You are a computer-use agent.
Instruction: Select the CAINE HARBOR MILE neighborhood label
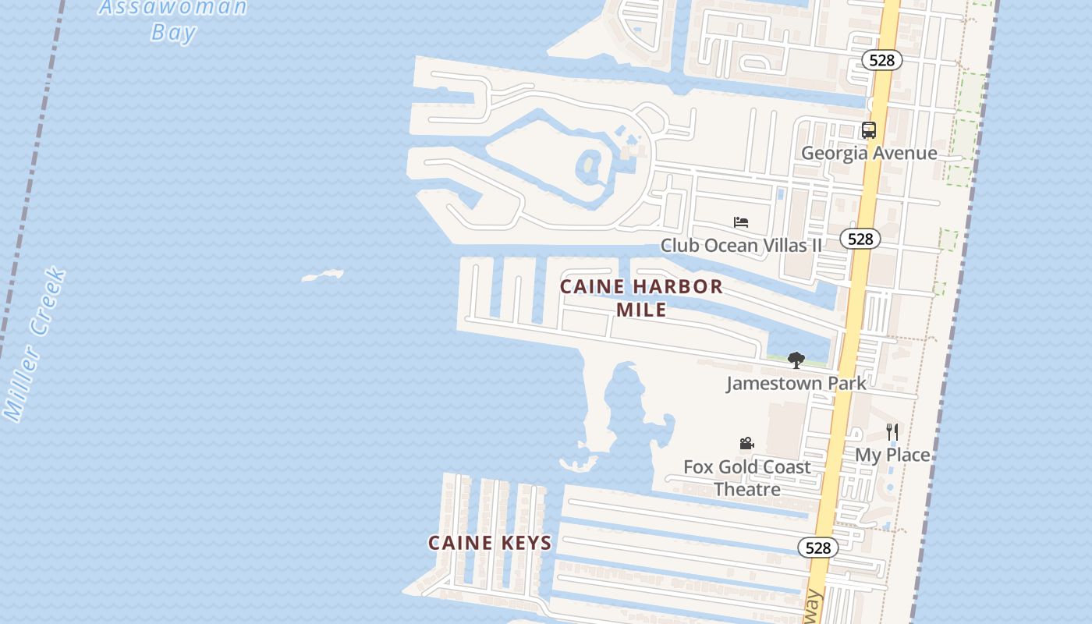click(641, 297)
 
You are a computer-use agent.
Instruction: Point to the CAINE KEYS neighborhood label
click(490, 542)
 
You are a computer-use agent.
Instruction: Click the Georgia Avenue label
click(869, 153)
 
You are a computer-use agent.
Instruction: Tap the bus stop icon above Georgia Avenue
click(869, 130)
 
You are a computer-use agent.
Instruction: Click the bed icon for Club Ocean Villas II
click(741, 222)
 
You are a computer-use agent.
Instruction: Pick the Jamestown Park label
click(796, 383)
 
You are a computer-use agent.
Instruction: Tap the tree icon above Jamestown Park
click(796, 360)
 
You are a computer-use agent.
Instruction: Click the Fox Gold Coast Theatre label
click(747, 477)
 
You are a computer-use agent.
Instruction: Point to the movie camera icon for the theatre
click(746, 443)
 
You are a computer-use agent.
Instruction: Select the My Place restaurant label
click(892, 455)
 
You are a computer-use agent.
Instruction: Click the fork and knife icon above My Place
click(892, 431)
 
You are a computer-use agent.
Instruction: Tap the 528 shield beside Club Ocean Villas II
click(860, 239)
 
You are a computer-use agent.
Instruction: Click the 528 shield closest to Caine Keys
click(817, 548)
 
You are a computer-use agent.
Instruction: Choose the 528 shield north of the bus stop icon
click(882, 60)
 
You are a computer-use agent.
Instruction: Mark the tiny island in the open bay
click(323, 275)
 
